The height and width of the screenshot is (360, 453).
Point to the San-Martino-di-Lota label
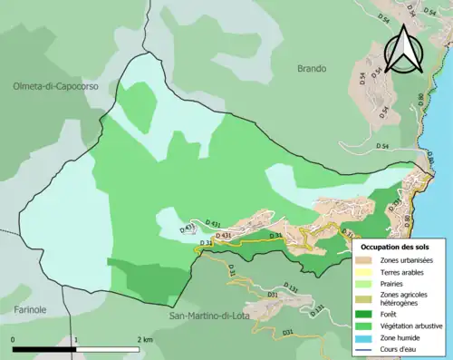click(x=215, y=316)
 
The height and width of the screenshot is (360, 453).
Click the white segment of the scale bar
click(x=109, y=349)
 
